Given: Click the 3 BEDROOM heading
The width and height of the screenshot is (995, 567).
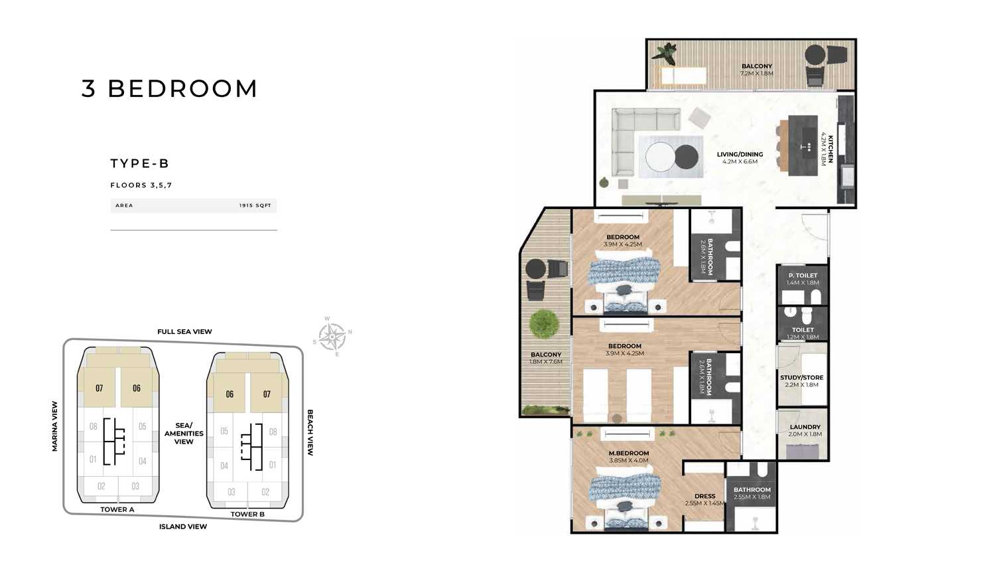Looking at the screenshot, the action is (169, 88).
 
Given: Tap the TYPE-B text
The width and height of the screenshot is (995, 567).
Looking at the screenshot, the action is (140, 163).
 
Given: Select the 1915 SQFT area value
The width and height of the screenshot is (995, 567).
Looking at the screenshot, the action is (255, 205).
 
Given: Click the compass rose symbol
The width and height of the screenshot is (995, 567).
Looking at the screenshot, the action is (332, 336).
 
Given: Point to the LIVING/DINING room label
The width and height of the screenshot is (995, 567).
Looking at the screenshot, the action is (740, 154).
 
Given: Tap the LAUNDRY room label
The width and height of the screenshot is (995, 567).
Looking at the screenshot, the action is (805, 427).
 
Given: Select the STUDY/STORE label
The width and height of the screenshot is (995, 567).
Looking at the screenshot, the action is (802, 378).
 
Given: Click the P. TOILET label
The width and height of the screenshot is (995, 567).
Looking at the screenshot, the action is (803, 276).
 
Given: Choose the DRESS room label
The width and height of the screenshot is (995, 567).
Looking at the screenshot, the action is (705, 496).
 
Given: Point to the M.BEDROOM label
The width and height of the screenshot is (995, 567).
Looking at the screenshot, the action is (629, 453).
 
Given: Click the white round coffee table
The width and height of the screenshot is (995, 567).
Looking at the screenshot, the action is (660, 156).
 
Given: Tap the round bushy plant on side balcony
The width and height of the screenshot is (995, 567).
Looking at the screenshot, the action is (544, 324).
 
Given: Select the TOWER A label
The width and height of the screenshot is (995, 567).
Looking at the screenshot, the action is (117, 510).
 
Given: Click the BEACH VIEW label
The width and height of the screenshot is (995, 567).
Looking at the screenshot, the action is (310, 432).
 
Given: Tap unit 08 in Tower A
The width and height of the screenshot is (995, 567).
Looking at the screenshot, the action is (94, 426).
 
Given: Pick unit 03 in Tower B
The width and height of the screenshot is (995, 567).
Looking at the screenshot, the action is (232, 492).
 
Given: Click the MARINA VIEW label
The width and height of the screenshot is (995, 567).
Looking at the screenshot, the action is (54, 426).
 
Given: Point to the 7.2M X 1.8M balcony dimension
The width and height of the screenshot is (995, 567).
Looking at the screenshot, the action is (757, 74).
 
